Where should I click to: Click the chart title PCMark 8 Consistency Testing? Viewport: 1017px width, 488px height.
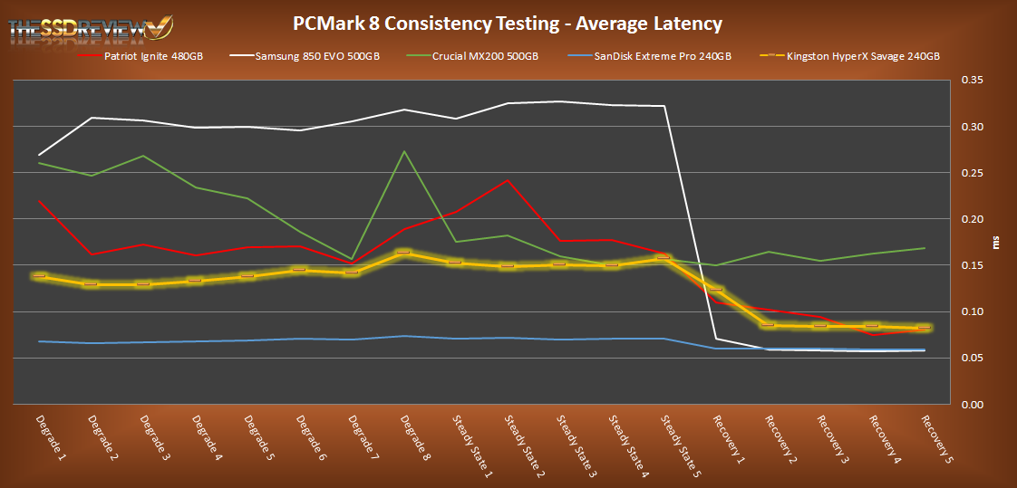tap(508, 23)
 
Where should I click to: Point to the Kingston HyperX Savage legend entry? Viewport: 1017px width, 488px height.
tap(847, 56)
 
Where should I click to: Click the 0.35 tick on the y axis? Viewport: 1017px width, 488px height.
tap(972, 81)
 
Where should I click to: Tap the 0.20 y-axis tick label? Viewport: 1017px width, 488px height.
tap(972, 219)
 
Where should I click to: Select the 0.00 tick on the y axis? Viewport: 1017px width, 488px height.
tap(972, 405)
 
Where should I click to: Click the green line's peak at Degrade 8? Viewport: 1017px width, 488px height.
tap(403, 151)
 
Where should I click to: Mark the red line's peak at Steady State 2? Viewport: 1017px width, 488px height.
tap(508, 180)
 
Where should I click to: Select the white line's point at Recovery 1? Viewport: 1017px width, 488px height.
tap(717, 339)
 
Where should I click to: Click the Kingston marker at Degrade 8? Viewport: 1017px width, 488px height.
tap(403, 253)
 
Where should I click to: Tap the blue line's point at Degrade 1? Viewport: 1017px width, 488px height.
tap(39, 341)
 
